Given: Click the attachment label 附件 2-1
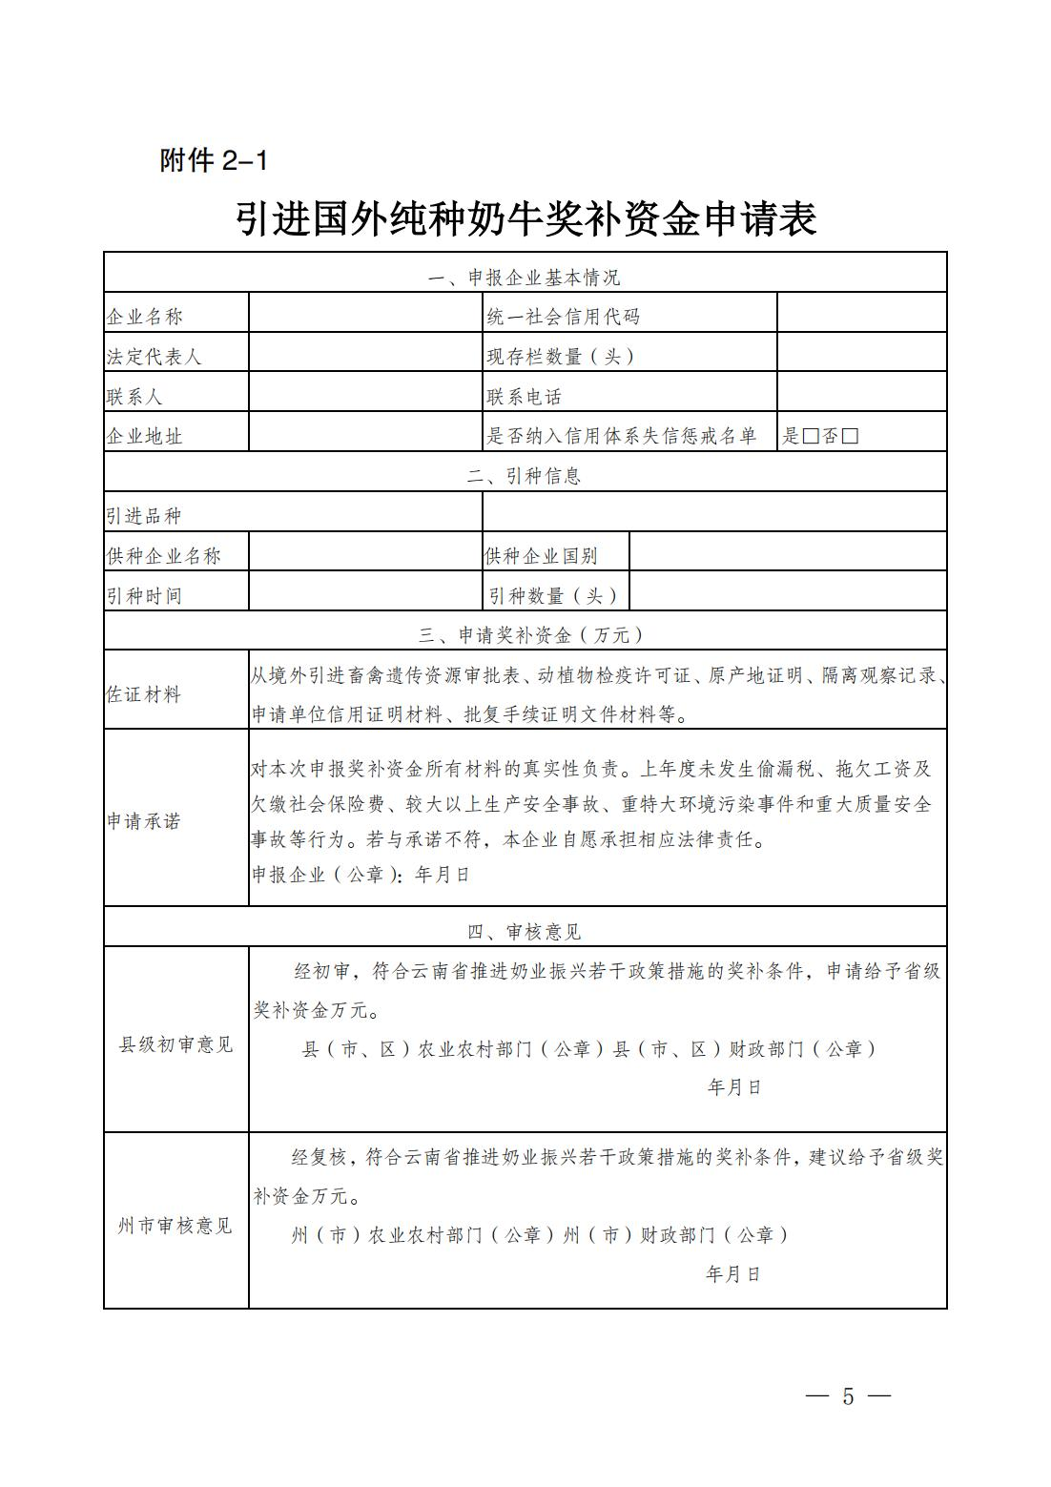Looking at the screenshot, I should (x=214, y=161).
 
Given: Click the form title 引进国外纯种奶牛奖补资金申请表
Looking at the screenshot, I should (x=525, y=219).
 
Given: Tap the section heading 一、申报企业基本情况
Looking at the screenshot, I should (x=525, y=278).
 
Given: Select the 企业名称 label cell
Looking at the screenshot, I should (x=145, y=317).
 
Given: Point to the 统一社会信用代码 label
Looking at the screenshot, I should (x=563, y=317).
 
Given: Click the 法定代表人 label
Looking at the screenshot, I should (x=155, y=357).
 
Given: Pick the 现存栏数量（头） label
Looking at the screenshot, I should (x=561, y=357).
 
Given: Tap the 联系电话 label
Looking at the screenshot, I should (x=525, y=397).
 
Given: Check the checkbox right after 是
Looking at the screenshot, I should (x=811, y=437).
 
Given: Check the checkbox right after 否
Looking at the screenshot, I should (x=851, y=437).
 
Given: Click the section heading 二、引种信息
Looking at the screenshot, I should (x=525, y=476).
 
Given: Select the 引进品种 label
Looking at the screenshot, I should (x=144, y=516).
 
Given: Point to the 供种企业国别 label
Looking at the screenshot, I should (x=542, y=556).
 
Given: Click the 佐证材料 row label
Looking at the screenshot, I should (x=144, y=695).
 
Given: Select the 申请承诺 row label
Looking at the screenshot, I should (x=144, y=821).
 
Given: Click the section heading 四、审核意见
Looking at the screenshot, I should (x=525, y=932).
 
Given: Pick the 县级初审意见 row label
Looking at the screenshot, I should (x=175, y=1044).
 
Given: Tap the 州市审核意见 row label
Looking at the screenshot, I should (x=175, y=1226).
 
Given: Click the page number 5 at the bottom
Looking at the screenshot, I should (x=848, y=1396).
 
